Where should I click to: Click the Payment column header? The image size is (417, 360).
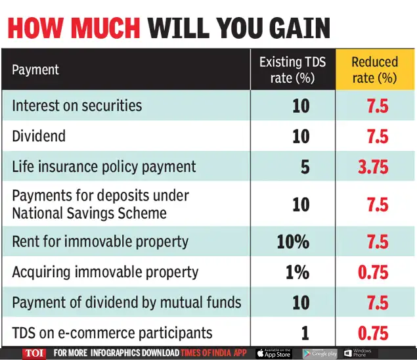pos(35,70)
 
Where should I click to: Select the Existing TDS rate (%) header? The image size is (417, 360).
pos(292,70)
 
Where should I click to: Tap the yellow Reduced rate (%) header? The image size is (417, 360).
pos(375,70)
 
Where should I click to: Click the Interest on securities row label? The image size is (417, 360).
pos(77,106)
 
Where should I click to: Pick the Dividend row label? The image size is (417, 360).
pos(39,136)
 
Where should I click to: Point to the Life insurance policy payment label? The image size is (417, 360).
pos(104,167)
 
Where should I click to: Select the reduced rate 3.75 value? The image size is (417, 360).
pos(373,167)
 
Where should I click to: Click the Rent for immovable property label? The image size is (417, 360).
pos(100,241)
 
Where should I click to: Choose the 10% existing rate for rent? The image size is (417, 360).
pos(293,241)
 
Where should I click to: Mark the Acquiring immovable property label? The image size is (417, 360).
pos(105,272)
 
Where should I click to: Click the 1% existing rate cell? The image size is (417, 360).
pos(297,272)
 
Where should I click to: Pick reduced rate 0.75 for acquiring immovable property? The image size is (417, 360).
pos(373,272)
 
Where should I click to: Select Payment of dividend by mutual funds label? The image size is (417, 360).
pos(127,303)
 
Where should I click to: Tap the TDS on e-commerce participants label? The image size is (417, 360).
pos(112,333)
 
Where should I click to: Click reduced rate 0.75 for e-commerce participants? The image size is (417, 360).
pos(373,333)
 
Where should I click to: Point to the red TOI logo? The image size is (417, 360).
pos(34,353)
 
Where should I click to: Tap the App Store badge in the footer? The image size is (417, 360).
pos(273,353)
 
